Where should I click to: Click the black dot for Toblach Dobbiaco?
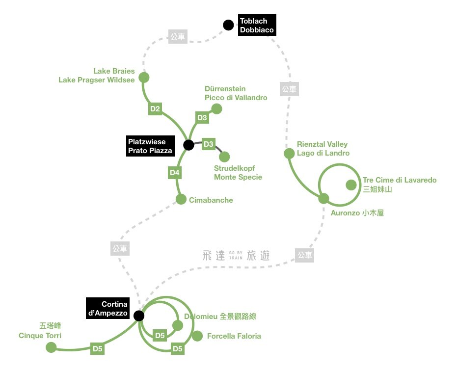(228, 25)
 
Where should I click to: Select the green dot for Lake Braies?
(144, 78)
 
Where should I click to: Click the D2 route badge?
(155, 109)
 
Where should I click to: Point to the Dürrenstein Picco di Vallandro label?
(236, 93)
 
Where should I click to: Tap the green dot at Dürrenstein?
(216, 109)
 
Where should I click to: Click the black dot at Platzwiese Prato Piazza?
(188, 145)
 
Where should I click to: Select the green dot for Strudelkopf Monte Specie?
(224, 157)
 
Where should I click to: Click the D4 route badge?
(175, 172)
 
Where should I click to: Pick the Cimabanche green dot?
(181, 200)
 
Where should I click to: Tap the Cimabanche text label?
(211, 200)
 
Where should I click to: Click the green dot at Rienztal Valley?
(289, 154)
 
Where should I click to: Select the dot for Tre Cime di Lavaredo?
(351, 185)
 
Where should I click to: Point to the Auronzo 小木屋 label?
(357, 213)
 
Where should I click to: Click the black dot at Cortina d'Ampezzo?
(139, 316)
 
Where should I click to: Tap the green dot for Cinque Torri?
(51, 347)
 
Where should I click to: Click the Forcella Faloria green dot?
(197, 336)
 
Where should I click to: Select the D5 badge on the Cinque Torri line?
(98, 349)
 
